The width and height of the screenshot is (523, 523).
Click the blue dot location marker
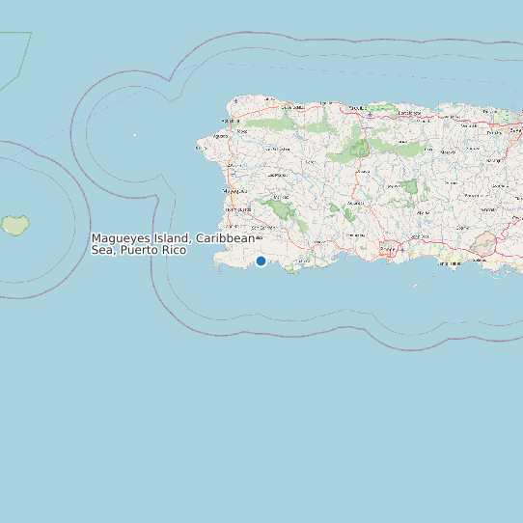[261, 261]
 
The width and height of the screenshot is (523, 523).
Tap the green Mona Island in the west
[14, 225]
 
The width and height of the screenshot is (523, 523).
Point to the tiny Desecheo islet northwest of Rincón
[135, 134]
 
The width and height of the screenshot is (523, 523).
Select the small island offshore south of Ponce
[415, 285]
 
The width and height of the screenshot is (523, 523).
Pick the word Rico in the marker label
[174, 250]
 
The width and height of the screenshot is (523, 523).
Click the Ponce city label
[388, 248]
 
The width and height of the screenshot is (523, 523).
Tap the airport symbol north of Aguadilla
[235, 100]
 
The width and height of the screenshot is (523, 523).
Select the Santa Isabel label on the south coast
[453, 260]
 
